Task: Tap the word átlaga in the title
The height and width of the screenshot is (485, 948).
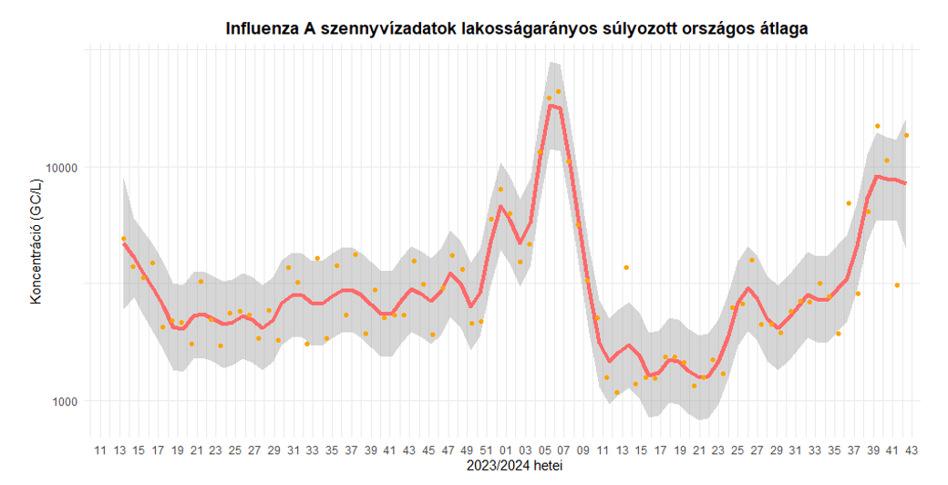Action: pyautogui.click(x=778, y=29)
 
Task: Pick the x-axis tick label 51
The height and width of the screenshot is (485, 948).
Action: pyautogui.click(x=487, y=450)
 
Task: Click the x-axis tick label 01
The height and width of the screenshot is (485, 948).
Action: pyautogui.click(x=506, y=450)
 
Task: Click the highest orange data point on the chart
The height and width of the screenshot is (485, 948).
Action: pyautogui.click(x=559, y=91)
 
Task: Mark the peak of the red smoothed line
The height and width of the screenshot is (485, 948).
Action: pyautogui.click(x=551, y=106)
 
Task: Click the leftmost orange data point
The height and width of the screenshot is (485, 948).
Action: pyautogui.click(x=123, y=239)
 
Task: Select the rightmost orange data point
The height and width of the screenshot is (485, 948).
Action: pyautogui.click(x=906, y=135)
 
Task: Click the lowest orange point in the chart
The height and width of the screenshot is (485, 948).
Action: pyautogui.click(x=617, y=392)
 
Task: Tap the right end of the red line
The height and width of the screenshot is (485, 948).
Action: pyautogui.click(x=905, y=183)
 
